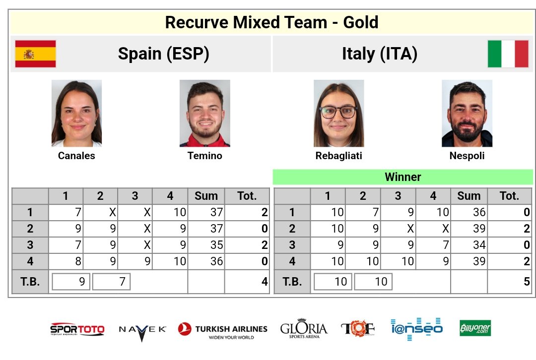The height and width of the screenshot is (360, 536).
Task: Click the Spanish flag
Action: tap(35, 54)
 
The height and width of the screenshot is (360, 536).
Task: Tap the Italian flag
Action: tap(508, 54)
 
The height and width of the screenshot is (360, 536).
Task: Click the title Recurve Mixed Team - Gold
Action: tap(271, 22)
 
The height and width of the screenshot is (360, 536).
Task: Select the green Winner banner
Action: tap(402, 177)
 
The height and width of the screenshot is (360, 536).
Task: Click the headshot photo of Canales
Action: tap(76, 114)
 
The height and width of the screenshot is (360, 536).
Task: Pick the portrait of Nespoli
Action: tap(467, 114)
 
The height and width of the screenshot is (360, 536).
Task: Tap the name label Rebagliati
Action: tap(338, 156)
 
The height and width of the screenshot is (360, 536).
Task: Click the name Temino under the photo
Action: tap(204, 156)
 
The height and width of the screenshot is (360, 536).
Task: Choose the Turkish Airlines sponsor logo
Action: tap(222, 330)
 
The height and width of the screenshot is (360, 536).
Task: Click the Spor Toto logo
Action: tap(77, 329)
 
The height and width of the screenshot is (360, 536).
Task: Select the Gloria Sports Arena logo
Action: tap(304, 329)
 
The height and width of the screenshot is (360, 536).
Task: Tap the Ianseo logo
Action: tap(416, 328)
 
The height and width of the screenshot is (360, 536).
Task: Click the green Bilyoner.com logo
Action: tap(475, 328)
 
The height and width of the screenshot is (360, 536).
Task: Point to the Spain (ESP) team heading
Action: tap(163, 54)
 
